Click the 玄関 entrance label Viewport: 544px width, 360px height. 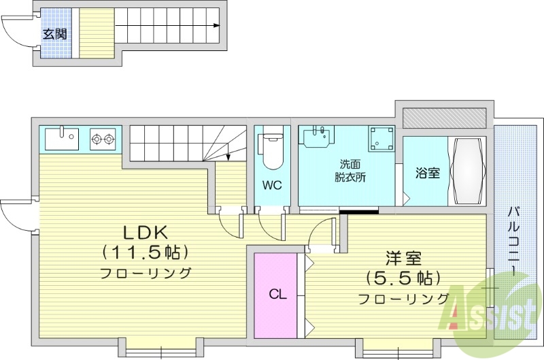point(55,33)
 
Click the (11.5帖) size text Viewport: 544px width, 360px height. point(146,252)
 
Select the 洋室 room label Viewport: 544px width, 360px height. point(404,259)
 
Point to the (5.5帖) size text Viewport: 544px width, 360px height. point(404,278)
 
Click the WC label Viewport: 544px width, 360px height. point(273,184)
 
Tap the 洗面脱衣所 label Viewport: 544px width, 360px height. point(350,171)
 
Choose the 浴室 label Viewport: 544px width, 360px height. point(428,173)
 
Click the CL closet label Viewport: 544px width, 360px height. point(277,295)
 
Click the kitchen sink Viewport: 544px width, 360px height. point(62,139)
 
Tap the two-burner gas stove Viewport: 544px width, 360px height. point(103,140)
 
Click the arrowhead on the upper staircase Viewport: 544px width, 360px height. point(217,26)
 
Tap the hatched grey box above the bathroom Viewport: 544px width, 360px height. point(444,118)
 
